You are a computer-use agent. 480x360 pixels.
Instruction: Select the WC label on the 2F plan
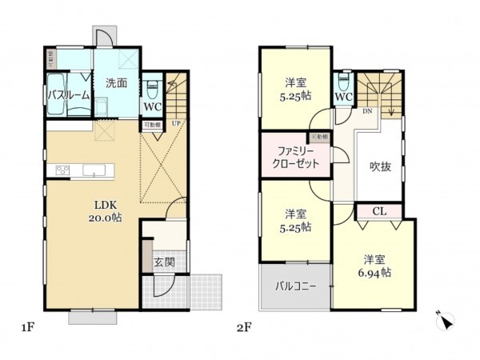point(344,98)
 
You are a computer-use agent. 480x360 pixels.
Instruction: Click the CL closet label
point(380,211)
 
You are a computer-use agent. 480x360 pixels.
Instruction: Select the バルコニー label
point(296,286)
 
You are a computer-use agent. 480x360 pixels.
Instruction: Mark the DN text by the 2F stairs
point(367,111)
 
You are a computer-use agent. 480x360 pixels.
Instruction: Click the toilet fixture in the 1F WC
point(153,86)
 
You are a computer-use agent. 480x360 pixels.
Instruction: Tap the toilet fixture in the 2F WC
point(343,82)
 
